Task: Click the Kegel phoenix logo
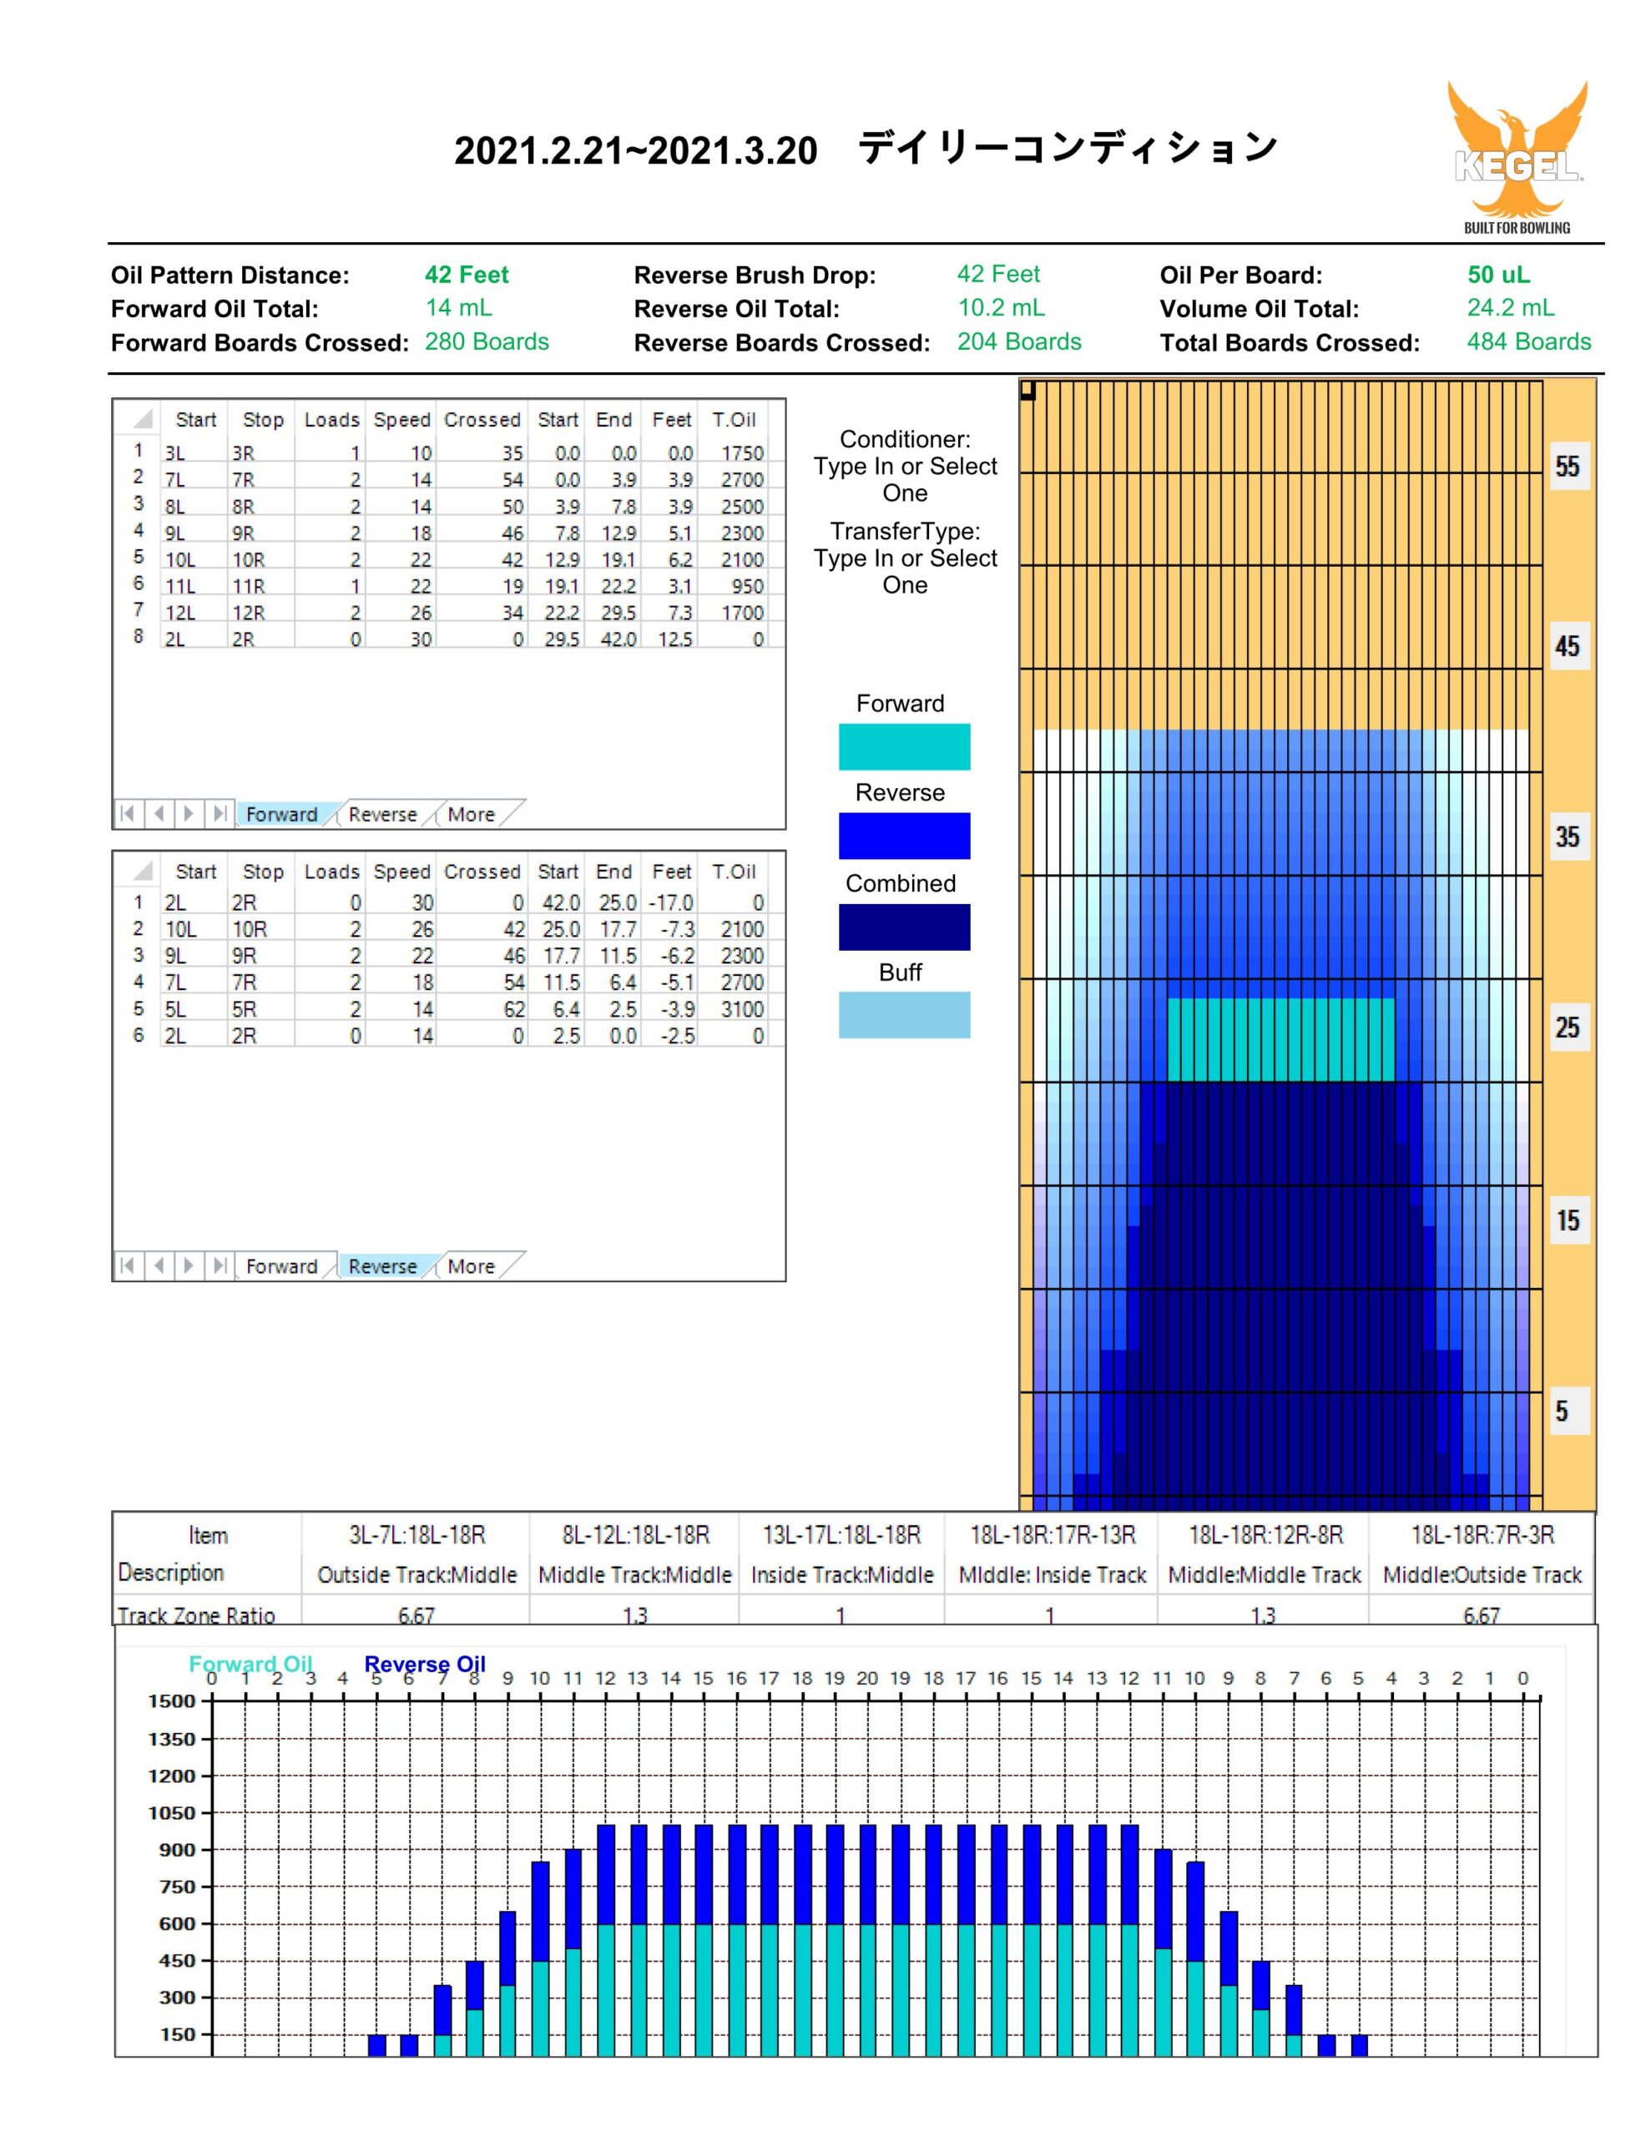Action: (1516, 157)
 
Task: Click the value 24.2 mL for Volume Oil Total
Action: (1510, 307)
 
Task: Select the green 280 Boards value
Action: (487, 341)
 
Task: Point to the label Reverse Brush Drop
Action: (755, 275)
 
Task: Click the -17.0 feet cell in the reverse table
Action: (671, 902)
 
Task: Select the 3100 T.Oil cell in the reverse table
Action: (742, 1008)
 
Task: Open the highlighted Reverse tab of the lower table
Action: (381, 1266)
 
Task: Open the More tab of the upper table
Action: (471, 814)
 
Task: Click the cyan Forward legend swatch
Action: (904, 746)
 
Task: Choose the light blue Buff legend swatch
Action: (904, 1015)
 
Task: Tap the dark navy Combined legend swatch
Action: (904, 927)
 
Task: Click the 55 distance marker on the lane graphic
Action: (1567, 466)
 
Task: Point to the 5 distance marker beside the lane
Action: (1562, 1411)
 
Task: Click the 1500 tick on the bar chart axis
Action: (171, 1700)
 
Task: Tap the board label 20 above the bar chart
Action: (867, 1678)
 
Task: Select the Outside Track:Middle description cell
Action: (417, 1574)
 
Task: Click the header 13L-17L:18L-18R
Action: (841, 1534)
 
